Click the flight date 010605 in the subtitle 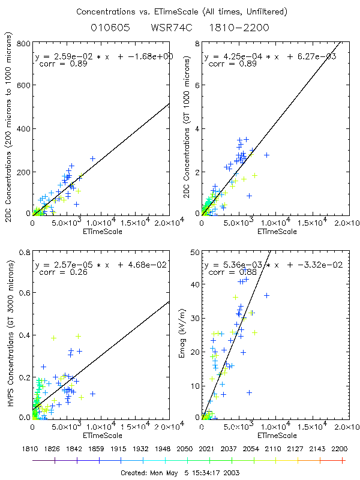pyautogui.click(x=109, y=28)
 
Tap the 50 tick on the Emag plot pyautogui.click(x=194, y=252)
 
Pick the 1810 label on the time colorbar pyautogui.click(x=32, y=448)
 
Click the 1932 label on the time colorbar pyautogui.click(x=143, y=448)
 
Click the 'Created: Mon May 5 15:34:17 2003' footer pyautogui.click(x=180, y=472)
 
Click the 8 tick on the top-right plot pyautogui.click(x=196, y=44)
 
